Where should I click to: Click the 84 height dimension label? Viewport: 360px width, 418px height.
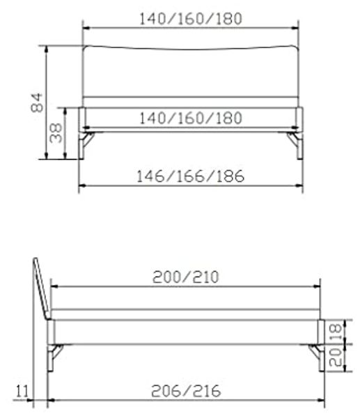click(37, 102)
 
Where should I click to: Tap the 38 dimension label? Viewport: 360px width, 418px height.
click(56, 133)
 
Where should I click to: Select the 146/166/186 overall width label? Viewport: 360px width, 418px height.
click(190, 176)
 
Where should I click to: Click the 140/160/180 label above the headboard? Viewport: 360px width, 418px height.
click(191, 19)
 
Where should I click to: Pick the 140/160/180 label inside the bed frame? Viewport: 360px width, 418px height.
click(191, 118)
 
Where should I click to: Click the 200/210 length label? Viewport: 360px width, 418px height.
click(186, 277)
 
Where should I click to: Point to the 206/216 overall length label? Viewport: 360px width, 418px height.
click(186, 391)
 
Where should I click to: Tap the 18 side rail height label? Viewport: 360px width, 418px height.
click(336, 332)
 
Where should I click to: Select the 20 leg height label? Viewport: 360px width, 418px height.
click(336, 357)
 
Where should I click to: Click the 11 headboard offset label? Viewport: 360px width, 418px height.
click(22, 392)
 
